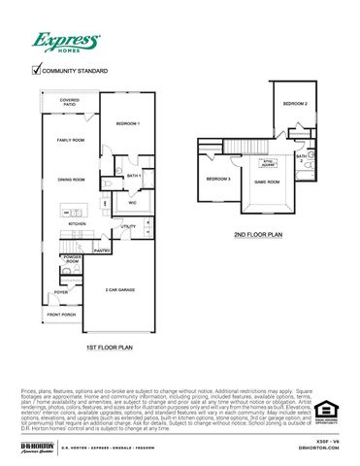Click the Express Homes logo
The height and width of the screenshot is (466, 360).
point(66,42)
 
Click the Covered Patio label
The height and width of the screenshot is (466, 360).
point(69,101)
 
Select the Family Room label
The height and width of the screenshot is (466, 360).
point(72,141)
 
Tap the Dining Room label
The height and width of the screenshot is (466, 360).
point(72,179)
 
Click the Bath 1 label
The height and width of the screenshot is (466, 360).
point(134,175)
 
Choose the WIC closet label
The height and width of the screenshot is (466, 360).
point(131,203)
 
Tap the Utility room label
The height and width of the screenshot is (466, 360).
point(128,227)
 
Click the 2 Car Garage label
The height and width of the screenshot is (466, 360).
point(120,290)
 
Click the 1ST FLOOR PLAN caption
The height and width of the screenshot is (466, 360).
point(109,347)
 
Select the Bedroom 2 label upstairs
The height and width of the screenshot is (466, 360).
point(295,104)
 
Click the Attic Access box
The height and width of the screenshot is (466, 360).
point(269,163)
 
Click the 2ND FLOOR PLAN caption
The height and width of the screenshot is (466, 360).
point(257,234)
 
